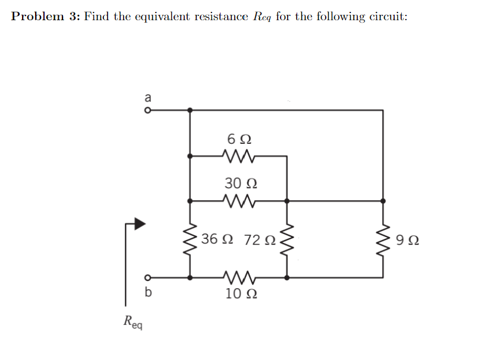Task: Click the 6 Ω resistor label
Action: (x=239, y=139)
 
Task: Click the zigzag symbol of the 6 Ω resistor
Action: (x=238, y=156)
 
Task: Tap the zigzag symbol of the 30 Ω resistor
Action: (x=238, y=201)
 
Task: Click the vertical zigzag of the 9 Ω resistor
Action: (x=383, y=240)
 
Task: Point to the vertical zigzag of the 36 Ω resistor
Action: (x=190, y=240)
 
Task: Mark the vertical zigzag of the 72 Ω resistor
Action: (x=287, y=240)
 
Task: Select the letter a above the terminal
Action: (x=147, y=96)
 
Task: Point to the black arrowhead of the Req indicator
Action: (x=139, y=223)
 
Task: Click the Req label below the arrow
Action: (x=133, y=323)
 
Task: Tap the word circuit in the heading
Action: (x=389, y=16)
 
